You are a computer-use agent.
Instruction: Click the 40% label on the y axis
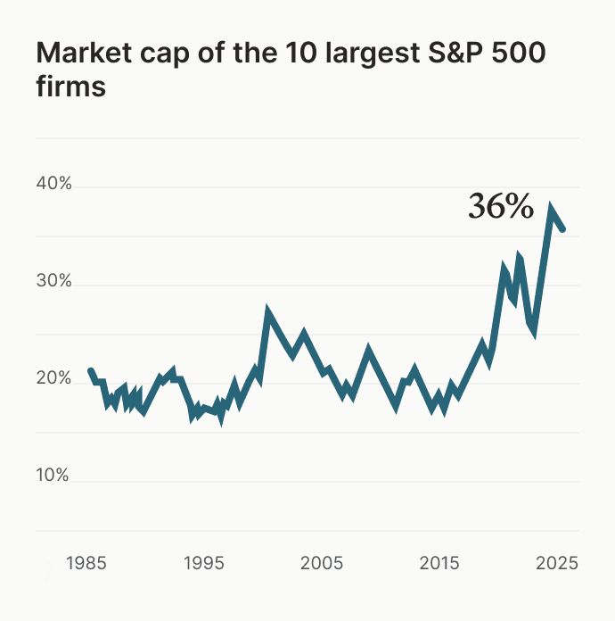coord(53,185)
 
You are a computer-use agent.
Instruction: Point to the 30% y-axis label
coord(53,282)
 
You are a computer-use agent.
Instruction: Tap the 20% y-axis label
coord(53,378)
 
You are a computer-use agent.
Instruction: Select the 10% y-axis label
coord(53,476)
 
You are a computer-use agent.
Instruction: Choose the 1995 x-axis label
coord(205,564)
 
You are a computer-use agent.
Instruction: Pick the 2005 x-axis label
coord(321,564)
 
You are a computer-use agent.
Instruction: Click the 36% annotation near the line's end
coord(501,207)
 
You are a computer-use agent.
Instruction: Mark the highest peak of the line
coord(552,210)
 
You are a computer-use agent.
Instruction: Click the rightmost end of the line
coord(562,229)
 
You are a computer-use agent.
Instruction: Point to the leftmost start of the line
coord(90,370)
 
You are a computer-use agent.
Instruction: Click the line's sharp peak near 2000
coord(268,312)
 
